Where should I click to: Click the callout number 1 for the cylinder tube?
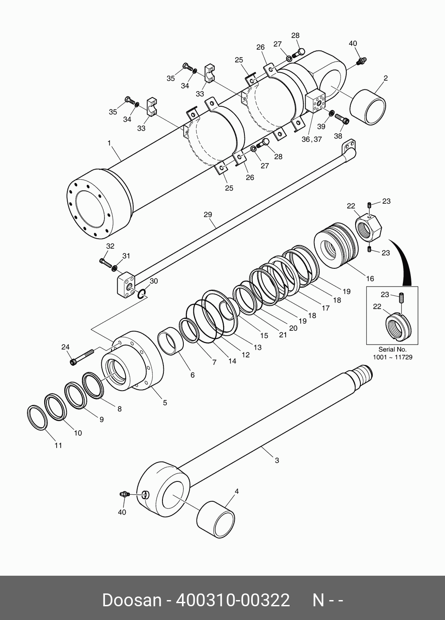tap(109, 143)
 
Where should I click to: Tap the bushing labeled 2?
tap(368, 108)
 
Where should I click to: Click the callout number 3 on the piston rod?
tap(277, 461)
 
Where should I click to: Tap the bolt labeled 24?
tap(82, 356)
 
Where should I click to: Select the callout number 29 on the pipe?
tap(208, 215)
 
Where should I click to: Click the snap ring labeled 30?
tap(141, 294)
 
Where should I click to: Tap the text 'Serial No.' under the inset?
tap(392, 349)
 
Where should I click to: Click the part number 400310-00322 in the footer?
tap(233, 600)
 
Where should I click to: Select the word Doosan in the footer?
tap(132, 600)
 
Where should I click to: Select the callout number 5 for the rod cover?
tap(165, 403)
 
